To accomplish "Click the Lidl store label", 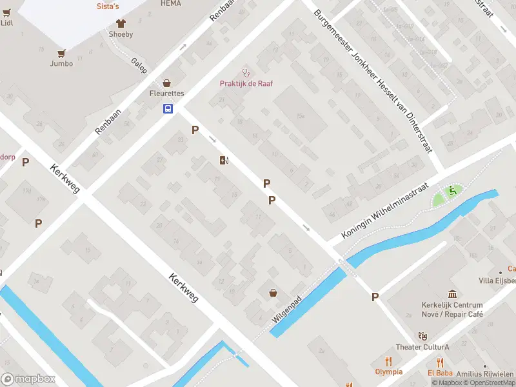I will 7,23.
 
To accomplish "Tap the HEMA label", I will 170,3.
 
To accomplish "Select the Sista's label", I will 108,6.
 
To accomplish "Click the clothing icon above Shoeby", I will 121,23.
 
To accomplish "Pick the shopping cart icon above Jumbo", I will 62,53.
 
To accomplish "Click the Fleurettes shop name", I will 166,94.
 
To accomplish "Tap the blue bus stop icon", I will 168,108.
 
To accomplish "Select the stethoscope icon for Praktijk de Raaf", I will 245,73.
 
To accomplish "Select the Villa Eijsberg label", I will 497,281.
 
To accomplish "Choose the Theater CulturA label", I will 422,347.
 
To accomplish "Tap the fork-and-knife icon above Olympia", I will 388,361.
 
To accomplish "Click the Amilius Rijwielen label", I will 485,374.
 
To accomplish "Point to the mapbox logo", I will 28,379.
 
